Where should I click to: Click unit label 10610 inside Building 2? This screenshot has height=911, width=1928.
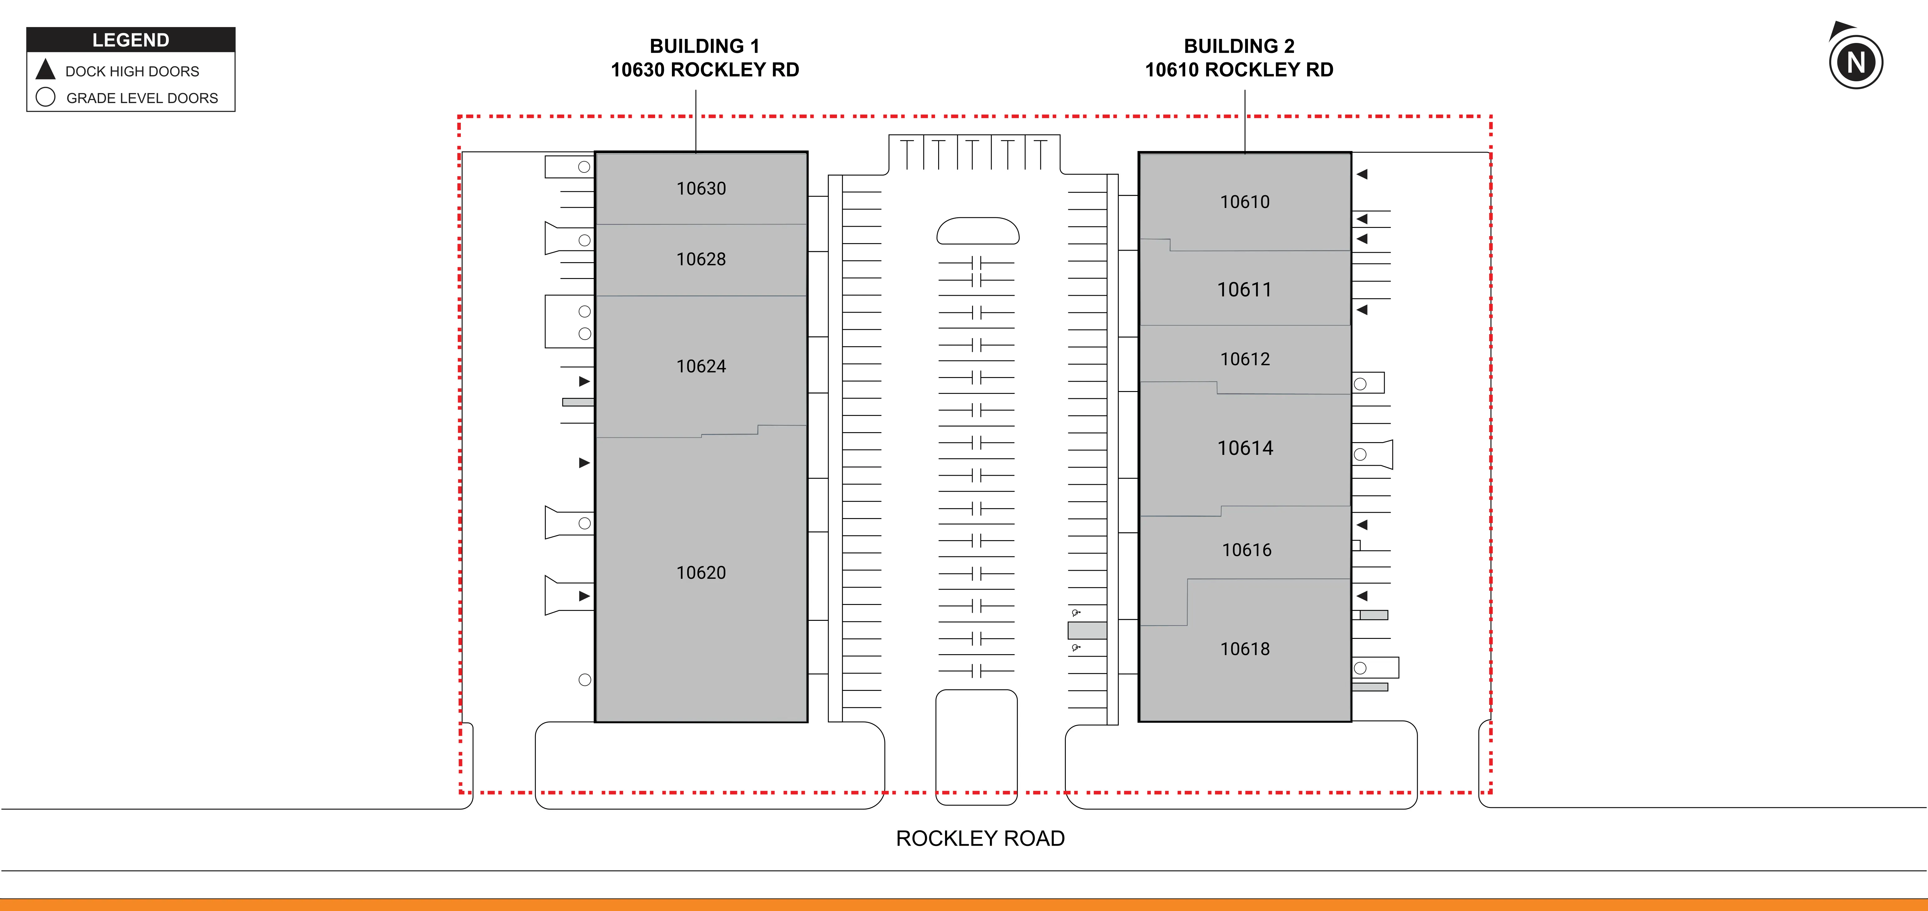[x=1245, y=202]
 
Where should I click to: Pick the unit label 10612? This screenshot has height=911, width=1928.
[x=1245, y=359]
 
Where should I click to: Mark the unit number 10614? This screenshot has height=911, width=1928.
[x=1245, y=448]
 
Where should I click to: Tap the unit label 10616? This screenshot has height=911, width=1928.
[x=1246, y=550]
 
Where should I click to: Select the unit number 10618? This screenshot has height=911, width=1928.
[x=1245, y=649]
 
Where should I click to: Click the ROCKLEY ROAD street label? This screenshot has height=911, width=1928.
[x=980, y=838]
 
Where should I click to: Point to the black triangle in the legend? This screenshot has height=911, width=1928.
[x=46, y=70]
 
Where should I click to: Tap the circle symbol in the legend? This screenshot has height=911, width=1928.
[x=46, y=97]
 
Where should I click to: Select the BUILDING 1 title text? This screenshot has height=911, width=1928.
[x=704, y=46]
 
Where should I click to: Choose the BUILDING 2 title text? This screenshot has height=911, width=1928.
[x=1239, y=46]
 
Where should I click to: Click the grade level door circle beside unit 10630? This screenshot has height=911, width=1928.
[x=584, y=167]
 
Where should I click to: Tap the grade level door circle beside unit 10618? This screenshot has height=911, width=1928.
[x=1360, y=668]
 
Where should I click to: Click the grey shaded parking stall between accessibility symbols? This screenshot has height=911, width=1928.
[x=1087, y=630]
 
